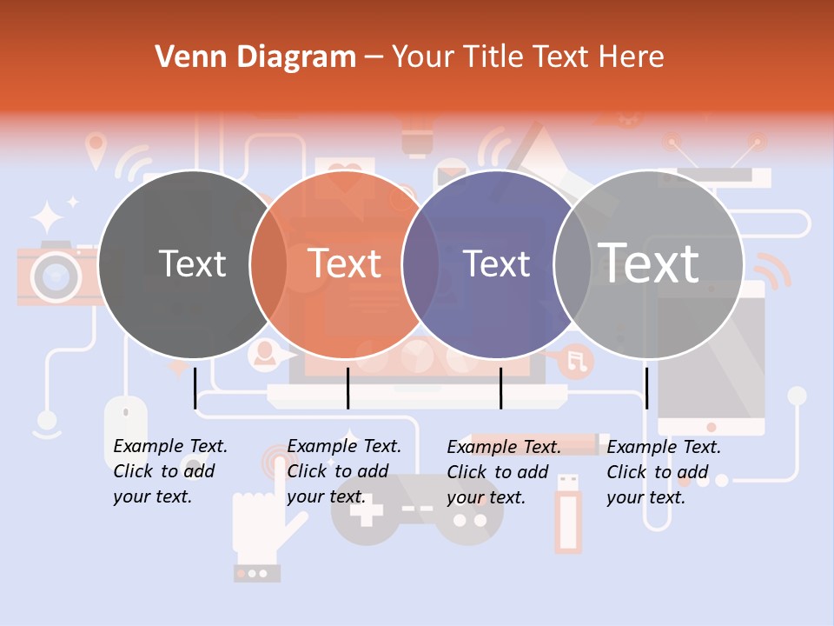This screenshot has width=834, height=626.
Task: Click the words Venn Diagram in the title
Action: pyautogui.click(x=255, y=57)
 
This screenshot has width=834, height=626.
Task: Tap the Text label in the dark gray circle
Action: pyautogui.click(x=193, y=263)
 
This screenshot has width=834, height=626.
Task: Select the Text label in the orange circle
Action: pyautogui.click(x=345, y=263)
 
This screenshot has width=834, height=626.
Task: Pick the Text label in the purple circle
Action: pyautogui.click(x=497, y=263)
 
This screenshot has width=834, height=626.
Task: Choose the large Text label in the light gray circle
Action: pyautogui.click(x=649, y=263)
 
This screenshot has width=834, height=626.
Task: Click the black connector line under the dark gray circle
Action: pyautogui.click(x=195, y=388)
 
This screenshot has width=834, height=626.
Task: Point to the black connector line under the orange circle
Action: pyautogui.click(x=347, y=388)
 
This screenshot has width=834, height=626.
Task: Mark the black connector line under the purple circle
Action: pyautogui.click(x=500, y=388)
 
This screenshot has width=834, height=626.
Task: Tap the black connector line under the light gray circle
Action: pyautogui.click(x=646, y=388)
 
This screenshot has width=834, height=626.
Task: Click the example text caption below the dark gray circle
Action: pyautogui.click(x=170, y=471)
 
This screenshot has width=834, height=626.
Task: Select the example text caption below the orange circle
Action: pyautogui.click(x=344, y=471)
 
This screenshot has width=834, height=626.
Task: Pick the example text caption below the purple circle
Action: pyautogui.click(x=504, y=472)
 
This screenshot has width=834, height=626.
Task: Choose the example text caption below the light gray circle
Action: pyautogui.click(x=664, y=472)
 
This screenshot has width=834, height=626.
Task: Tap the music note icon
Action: pyautogui.click(x=575, y=360)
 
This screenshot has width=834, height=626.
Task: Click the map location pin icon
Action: pyautogui.click(x=96, y=149)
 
